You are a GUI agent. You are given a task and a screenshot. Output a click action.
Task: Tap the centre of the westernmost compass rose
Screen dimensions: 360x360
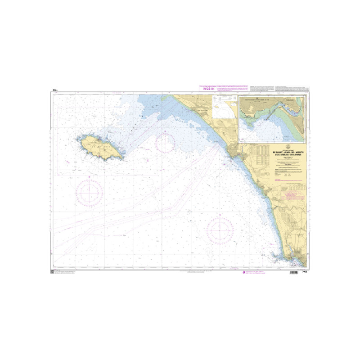[x=89, y=193]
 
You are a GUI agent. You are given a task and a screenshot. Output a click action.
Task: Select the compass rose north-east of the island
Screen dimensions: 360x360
[x=165, y=143]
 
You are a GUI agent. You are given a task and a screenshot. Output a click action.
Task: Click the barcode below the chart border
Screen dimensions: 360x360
[x=294, y=273]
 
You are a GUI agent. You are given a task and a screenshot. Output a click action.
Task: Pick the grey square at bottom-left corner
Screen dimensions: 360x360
[x=52, y=273]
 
